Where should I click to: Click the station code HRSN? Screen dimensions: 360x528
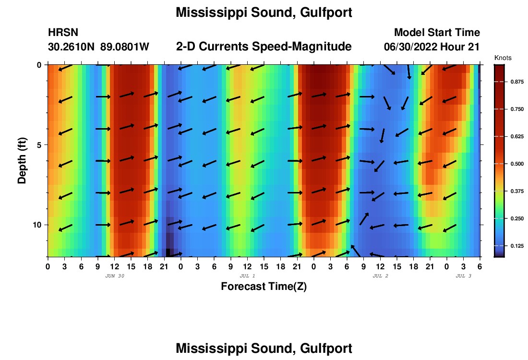click(63, 33)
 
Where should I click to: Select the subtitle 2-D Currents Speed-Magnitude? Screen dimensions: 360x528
click(264, 47)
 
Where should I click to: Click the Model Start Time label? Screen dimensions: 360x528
click(437, 33)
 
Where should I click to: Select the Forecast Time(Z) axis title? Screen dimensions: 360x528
click(264, 287)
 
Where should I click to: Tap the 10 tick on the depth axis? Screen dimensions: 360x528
click(39, 225)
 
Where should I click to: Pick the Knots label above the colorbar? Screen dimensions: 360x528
click(503, 58)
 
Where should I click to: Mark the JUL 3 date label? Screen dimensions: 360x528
click(463, 276)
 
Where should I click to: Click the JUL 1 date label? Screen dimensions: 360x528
click(247, 276)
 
